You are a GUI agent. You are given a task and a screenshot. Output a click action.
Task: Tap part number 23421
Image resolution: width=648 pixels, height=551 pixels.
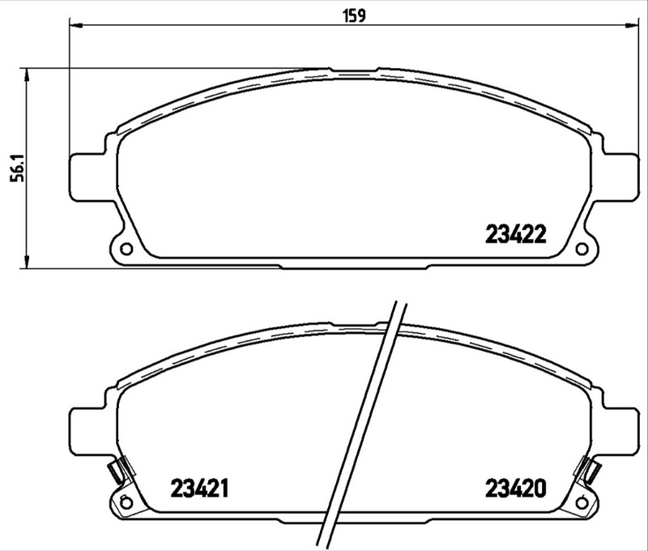[199, 488]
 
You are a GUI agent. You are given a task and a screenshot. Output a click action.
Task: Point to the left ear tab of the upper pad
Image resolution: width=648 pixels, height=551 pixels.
[81, 174]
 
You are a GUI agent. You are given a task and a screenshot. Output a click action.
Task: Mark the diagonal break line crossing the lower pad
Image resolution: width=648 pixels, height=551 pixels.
[365, 421]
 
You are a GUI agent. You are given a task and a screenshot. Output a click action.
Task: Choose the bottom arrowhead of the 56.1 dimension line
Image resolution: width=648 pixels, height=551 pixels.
[29, 261]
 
